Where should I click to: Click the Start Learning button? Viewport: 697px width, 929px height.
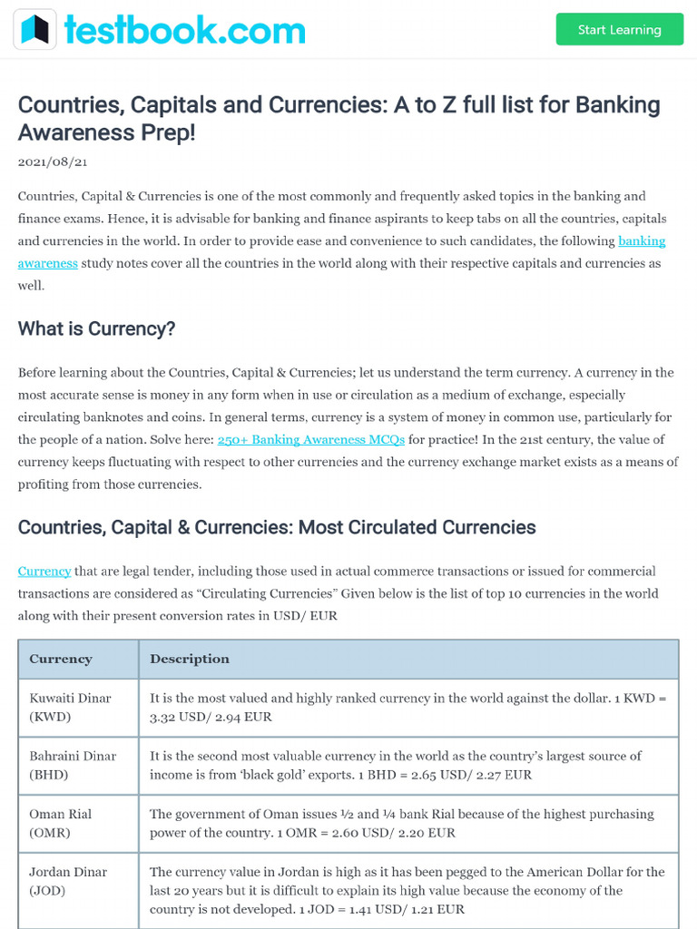pos(619,30)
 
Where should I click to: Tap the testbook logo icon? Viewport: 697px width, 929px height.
pos(34,30)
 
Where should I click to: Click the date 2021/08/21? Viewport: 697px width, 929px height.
pos(53,161)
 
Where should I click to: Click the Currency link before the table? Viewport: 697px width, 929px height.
pos(44,571)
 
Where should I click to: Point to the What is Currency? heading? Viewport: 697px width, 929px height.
pos(96,328)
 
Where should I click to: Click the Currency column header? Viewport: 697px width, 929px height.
pos(61,659)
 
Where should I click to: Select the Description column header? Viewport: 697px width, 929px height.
pos(190,659)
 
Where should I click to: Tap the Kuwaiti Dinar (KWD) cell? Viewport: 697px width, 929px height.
pos(71,707)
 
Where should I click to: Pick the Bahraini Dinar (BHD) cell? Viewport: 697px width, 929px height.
pos(73,765)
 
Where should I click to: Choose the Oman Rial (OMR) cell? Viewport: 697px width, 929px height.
pos(61,823)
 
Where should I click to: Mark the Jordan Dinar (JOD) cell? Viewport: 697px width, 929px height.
pos(68,880)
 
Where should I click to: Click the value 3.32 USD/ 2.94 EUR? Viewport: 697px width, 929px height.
pos(211,717)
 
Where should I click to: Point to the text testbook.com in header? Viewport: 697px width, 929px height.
pos(184,30)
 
